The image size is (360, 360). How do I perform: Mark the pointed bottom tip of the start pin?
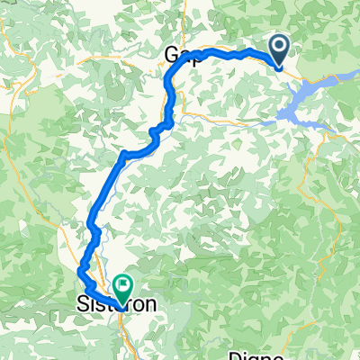click(x=278, y=67)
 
